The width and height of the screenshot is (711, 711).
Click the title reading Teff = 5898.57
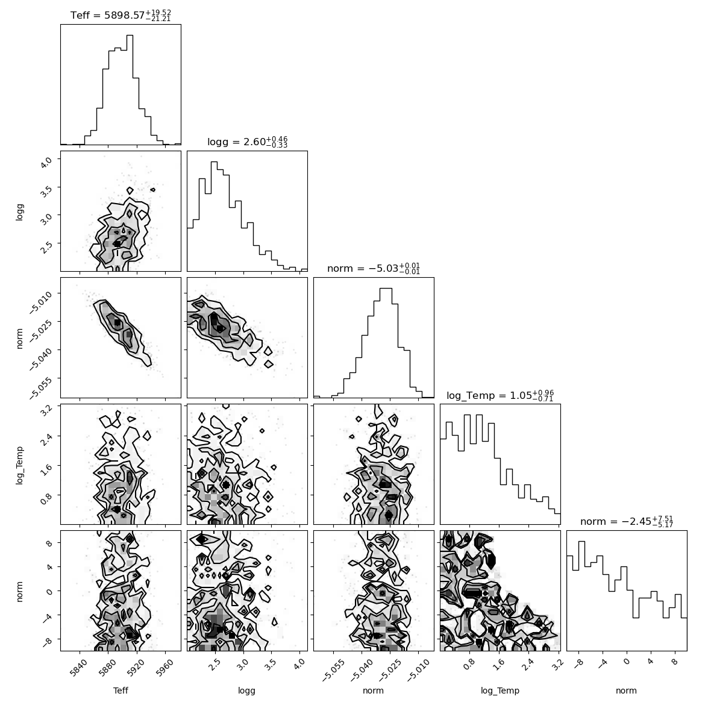(x=121, y=15)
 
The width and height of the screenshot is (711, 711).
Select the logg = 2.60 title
(x=247, y=142)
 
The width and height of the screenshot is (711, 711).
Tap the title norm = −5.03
(x=374, y=269)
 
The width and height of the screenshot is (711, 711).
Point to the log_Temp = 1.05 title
(x=500, y=395)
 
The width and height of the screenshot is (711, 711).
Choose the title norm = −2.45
(x=627, y=521)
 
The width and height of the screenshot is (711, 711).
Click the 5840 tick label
(x=79, y=668)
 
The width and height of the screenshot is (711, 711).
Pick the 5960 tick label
(x=164, y=668)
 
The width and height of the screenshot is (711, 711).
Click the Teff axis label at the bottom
(x=121, y=691)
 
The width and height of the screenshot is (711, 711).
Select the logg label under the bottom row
(x=246, y=691)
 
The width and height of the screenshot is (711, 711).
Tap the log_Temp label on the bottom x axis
(x=500, y=691)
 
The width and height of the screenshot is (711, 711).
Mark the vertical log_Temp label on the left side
(x=19, y=465)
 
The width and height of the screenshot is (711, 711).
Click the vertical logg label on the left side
(x=19, y=212)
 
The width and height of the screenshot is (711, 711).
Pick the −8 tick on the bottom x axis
(x=578, y=664)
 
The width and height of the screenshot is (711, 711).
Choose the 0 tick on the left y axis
(x=49, y=591)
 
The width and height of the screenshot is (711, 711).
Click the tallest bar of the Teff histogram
(x=130, y=90)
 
